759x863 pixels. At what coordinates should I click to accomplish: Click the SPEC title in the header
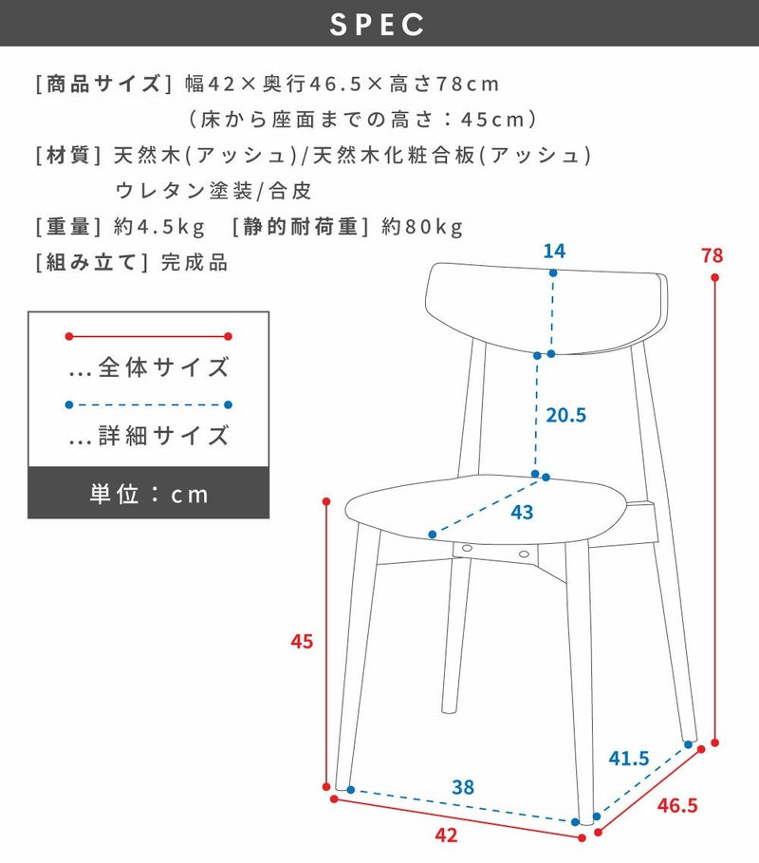[378, 25]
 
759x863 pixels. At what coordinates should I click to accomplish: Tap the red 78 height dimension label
[712, 255]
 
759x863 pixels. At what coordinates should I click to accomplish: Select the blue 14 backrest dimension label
[554, 251]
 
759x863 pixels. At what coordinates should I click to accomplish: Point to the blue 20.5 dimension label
[566, 415]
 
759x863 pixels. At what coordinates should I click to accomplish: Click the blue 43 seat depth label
[522, 513]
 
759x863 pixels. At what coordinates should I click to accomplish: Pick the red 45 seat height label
[302, 641]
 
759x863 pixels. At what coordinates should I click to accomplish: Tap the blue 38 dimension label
[463, 787]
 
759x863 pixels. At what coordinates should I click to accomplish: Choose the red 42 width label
[446, 835]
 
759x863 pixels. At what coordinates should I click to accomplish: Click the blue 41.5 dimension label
[629, 759]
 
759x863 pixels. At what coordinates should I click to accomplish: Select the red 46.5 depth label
[677, 805]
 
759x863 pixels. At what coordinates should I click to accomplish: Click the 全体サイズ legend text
[163, 367]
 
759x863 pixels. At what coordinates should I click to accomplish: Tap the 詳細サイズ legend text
[163, 436]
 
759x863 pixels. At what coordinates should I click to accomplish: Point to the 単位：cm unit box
[149, 493]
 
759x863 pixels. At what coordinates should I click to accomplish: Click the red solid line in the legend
[149, 336]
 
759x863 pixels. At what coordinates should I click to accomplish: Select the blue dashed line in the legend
[149, 404]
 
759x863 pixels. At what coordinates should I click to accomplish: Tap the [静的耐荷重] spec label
[301, 227]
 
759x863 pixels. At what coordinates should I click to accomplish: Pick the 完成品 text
[194, 263]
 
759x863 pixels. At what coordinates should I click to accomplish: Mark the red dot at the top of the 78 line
[715, 277]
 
